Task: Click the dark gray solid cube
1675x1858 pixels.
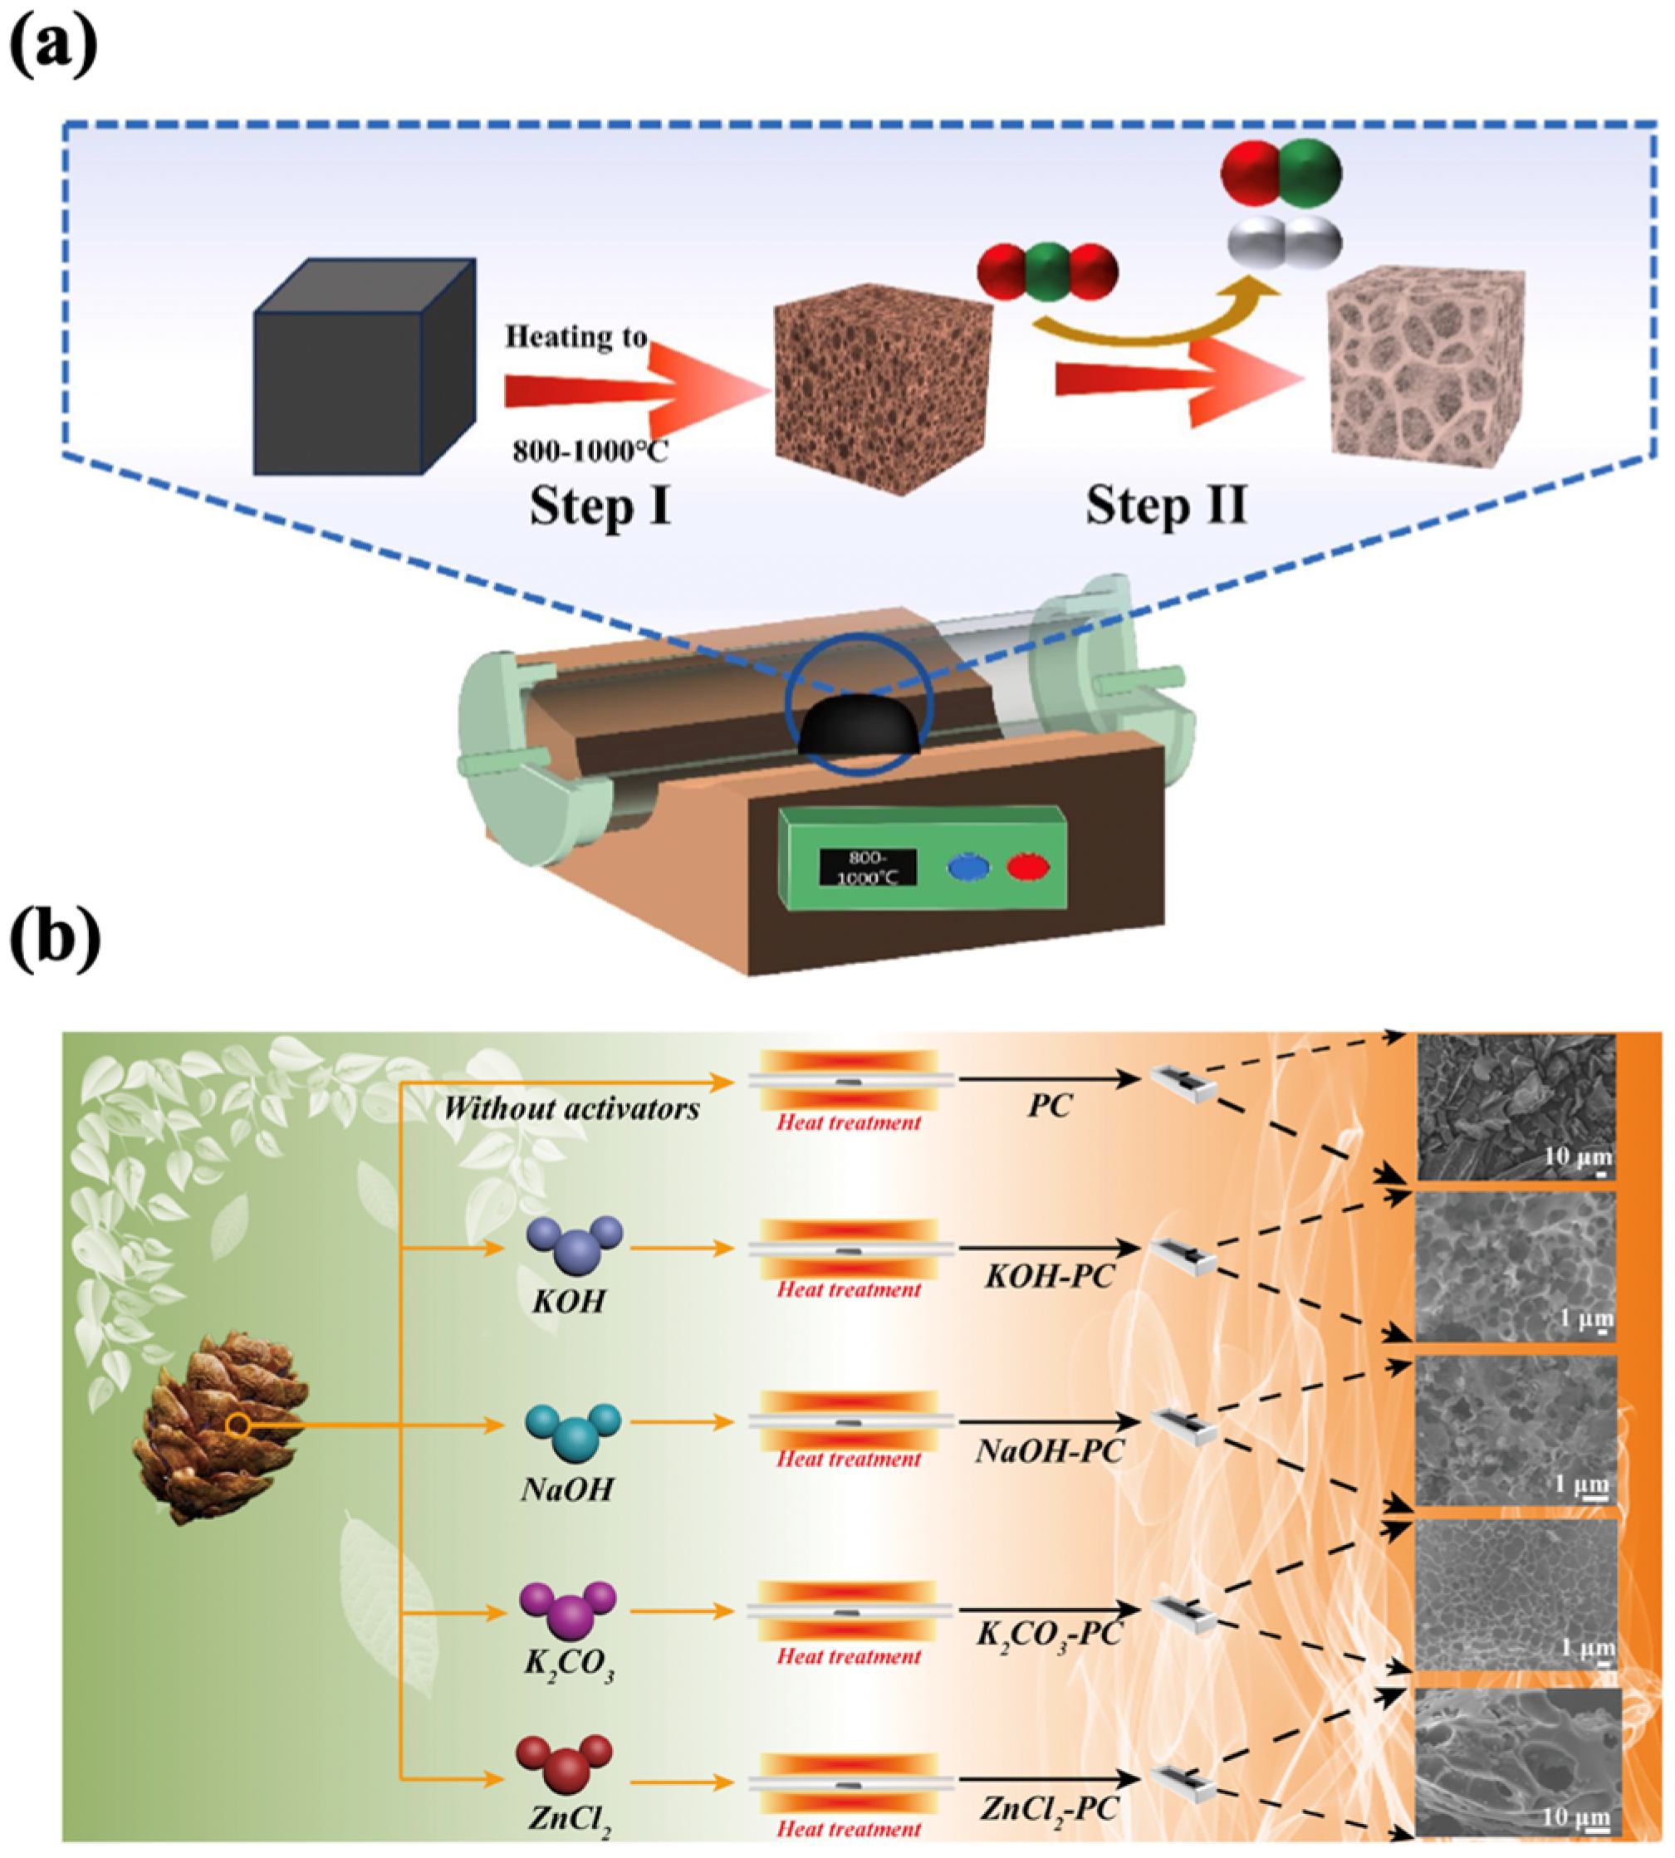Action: click(x=364, y=368)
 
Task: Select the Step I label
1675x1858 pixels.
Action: click(x=600, y=506)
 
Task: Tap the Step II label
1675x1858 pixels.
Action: click(x=1166, y=506)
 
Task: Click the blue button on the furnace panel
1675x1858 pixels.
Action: click(x=969, y=868)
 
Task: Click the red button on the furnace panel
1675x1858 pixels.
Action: click(x=1028, y=867)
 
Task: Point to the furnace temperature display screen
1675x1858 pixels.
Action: click(x=868, y=867)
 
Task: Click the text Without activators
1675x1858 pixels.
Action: click(x=571, y=1110)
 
